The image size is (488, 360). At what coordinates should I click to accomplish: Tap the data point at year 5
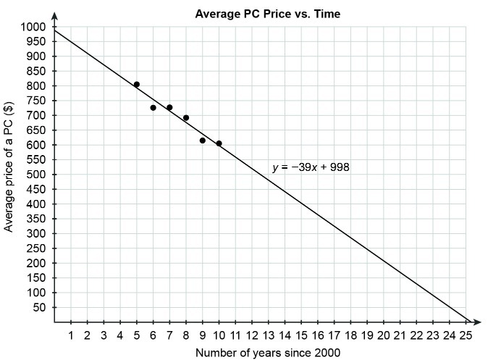point(136,85)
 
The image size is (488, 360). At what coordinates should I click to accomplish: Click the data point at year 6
point(153,108)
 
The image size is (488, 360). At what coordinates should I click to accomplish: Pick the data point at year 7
point(169,107)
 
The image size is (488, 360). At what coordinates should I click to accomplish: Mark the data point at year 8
point(186,117)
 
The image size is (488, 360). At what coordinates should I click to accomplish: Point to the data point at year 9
point(202,141)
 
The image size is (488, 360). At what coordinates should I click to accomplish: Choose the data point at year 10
point(219,143)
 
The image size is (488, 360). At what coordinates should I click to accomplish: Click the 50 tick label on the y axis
point(38,307)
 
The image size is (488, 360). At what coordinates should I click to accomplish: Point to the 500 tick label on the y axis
point(36,175)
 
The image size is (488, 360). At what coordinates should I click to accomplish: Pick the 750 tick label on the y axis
point(36,101)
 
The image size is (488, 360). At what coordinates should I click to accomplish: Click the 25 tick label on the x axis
point(466,335)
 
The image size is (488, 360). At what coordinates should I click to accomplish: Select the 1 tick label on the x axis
point(71,335)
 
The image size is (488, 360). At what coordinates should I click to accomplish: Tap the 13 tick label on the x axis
point(268,335)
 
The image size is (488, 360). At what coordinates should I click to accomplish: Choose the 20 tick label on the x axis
point(383,335)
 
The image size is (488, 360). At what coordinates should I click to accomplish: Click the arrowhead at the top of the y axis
point(54,15)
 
